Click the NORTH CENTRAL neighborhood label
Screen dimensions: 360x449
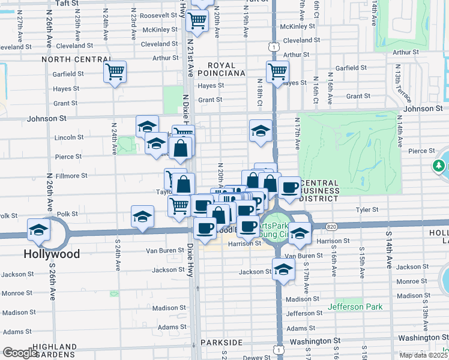(71, 60)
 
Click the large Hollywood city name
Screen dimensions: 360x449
(52, 254)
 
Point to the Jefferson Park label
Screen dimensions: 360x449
(355, 307)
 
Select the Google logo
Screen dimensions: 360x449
(20, 353)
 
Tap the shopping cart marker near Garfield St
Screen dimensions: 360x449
(115, 72)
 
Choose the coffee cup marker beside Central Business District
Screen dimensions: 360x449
(289, 187)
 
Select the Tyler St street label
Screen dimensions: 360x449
(367, 210)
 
